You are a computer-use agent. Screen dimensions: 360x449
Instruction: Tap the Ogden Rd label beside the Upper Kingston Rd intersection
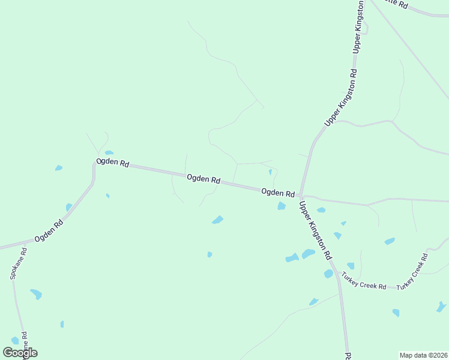click(278, 193)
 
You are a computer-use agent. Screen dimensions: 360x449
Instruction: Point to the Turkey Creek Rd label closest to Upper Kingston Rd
click(364, 281)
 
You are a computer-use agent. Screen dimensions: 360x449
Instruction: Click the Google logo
click(20, 353)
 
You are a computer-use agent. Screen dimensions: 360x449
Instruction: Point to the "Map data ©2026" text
click(423, 355)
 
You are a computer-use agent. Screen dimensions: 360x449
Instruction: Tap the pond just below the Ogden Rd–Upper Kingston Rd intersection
click(281, 206)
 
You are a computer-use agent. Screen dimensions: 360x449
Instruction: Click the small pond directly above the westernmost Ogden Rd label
click(109, 153)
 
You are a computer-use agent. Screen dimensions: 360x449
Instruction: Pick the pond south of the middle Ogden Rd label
click(217, 220)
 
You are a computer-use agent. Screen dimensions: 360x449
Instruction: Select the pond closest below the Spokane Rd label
click(36, 294)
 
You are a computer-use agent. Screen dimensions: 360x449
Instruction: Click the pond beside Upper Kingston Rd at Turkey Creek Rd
click(328, 274)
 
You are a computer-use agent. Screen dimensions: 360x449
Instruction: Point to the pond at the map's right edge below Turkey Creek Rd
click(441, 307)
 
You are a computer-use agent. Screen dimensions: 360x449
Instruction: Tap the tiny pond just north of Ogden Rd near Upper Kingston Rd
click(270, 172)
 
